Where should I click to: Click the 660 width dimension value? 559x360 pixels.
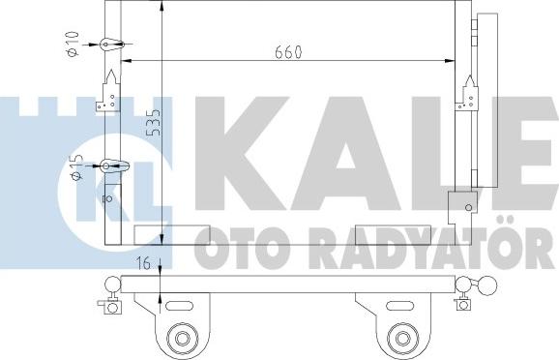[288, 52]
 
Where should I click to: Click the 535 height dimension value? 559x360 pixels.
[154, 122]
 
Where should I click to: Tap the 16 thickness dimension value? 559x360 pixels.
[144, 264]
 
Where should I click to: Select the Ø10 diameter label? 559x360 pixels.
[73, 44]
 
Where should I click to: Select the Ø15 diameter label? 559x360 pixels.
[77, 167]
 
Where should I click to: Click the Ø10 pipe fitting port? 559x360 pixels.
[105, 45]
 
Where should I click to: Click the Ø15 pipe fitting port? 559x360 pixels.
[105, 165]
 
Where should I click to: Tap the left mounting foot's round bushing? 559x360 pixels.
[182, 337]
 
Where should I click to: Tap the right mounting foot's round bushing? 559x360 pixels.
[403, 337]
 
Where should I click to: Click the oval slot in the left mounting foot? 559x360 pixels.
[179, 306]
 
